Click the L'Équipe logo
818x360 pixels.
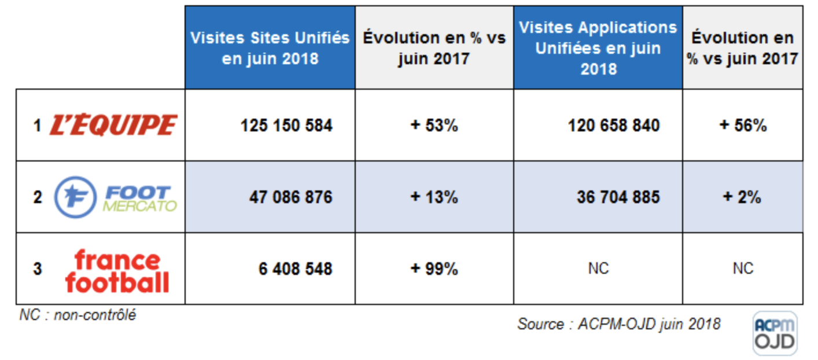coord(113,125)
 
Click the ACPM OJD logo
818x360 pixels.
coord(775,333)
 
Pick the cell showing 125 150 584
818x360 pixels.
coord(286,126)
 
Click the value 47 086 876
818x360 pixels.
coord(290,197)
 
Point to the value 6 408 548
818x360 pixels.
coord(295,269)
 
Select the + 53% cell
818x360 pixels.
coord(434,126)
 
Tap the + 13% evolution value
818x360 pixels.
coord(434,197)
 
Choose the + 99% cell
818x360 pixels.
coord(434,269)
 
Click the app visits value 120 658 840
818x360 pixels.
coord(613,126)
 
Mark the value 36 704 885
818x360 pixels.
coord(618,197)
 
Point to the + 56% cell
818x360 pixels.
coord(743,126)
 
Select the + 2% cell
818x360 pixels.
coord(743,197)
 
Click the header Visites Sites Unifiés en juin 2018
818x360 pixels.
coord(270,47)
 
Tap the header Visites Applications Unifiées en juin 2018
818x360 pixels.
coord(598,47)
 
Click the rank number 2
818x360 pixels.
coord(38,197)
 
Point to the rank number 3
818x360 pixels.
coord(38,269)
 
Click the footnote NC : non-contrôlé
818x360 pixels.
coord(78,315)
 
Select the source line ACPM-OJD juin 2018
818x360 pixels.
coord(618,324)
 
